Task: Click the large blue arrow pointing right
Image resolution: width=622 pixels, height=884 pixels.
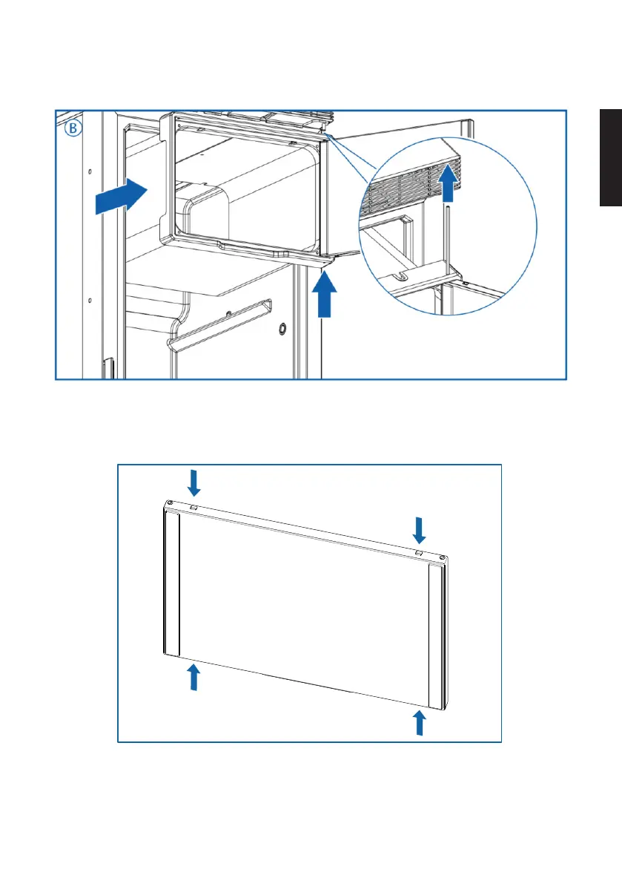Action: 123,195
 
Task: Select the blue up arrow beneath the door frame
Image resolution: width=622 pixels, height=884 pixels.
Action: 322,293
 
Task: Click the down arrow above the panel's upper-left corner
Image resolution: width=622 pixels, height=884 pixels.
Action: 194,483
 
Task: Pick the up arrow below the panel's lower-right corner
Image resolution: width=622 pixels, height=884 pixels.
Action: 420,722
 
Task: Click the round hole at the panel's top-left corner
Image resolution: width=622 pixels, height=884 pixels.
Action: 171,504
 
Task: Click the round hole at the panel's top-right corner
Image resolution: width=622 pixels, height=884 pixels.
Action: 443,557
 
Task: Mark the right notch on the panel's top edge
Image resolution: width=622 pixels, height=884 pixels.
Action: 418,553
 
